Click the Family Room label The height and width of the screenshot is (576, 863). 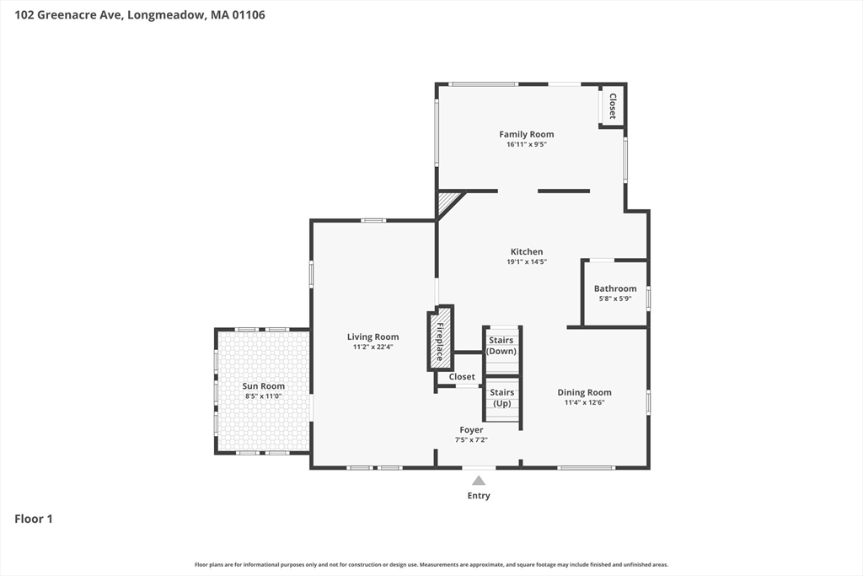pos(526,134)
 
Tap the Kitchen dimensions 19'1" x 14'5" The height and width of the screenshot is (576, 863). pos(527,262)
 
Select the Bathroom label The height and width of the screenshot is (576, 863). pos(614,288)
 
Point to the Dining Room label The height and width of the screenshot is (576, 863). pos(584,393)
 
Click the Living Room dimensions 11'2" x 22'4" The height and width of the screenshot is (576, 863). pos(373,347)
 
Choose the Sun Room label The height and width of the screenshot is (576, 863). pos(264,386)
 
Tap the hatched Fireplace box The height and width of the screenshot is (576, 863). pos(440,338)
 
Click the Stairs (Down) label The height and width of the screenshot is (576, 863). pos(501,346)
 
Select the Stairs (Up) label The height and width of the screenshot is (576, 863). pos(502,397)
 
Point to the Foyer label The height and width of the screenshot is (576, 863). pos(471,429)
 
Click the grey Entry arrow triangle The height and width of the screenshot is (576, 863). pos(479,480)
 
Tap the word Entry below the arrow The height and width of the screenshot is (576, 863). pos(479,496)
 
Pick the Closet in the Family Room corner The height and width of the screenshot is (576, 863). pos(612,105)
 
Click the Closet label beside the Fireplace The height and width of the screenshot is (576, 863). pos(462,377)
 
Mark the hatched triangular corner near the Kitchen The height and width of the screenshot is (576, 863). pos(447,202)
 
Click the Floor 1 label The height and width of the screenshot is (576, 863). pos(34,519)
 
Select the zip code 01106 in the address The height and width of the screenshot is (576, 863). pos(249,15)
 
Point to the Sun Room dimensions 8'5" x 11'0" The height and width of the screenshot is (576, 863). pos(264,396)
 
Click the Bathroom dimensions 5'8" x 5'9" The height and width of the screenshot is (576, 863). pos(615,299)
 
